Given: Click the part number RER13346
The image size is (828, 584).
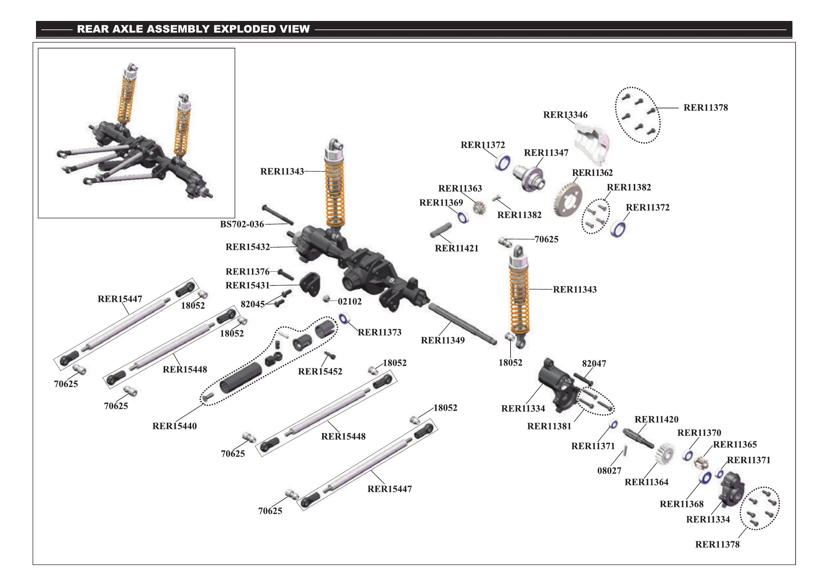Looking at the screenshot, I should coord(565,115).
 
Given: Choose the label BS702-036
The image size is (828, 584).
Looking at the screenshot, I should coord(242,224).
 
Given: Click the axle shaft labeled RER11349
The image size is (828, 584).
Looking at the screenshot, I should coord(461,324).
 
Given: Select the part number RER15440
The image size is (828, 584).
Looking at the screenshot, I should coord(174,426).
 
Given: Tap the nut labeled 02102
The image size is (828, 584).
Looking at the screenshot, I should coord(326,299).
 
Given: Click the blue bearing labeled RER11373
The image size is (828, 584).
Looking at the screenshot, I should coord(344,319).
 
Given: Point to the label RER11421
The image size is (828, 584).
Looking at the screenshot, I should coord(457,248).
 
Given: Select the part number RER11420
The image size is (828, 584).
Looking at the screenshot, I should coord(656,419).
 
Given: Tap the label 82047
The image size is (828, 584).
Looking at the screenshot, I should coord(594,364).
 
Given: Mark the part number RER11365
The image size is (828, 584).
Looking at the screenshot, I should coord(735,445).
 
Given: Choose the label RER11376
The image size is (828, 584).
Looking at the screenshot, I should coord(247,272).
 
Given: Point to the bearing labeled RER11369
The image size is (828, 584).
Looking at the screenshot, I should coord(463,217).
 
